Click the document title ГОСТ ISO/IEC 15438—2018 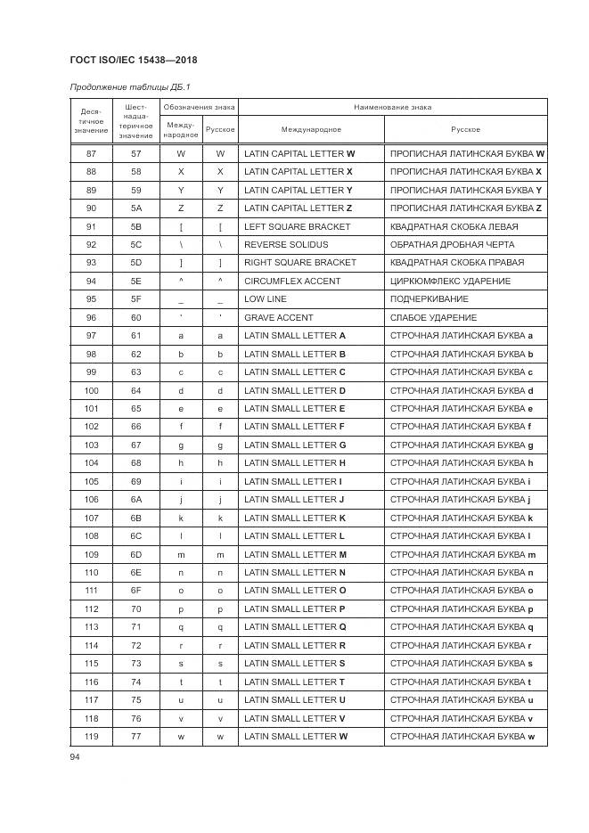133,61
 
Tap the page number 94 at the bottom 75,756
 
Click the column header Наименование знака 392,107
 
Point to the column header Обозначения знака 199,107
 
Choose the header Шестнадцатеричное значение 135,121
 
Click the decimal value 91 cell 91,226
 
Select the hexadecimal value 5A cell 135,208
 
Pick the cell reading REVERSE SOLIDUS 286,244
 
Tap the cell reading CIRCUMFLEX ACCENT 292,281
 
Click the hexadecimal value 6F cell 135,591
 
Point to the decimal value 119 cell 91,737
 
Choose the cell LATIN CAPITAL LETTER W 299,153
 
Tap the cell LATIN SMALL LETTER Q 295,627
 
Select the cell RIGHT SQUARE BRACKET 299,263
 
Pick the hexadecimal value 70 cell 135,609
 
